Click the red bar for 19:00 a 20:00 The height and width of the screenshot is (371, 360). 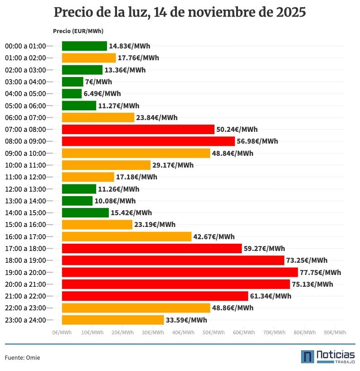tap(180, 272)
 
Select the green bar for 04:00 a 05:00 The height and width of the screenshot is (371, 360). tap(72, 94)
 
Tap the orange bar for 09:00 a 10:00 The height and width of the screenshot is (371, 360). tap(136, 153)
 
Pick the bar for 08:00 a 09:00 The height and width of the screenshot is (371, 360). tap(148, 141)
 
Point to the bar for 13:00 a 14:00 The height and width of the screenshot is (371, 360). tap(77, 201)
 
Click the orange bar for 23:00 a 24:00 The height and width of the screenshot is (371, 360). tap(113, 320)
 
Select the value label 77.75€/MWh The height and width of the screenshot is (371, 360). tap(320, 272)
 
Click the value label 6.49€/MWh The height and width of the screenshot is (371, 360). tap(102, 94)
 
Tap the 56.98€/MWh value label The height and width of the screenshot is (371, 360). tap(257, 141)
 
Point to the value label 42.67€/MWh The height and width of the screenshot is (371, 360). tap(214, 236)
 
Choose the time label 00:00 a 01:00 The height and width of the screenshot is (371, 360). tap(25, 46)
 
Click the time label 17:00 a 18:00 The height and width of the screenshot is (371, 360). tap(25, 248)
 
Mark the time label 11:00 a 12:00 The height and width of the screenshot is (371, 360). tap(25, 177)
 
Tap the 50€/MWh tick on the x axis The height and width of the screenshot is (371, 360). tap(214, 332)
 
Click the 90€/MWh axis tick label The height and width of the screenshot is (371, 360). tap(335, 332)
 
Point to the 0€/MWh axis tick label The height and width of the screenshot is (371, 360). tap(62, 332)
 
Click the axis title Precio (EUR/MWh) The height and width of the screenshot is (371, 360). tap(78, 31)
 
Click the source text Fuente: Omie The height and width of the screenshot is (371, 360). tap(23, 358)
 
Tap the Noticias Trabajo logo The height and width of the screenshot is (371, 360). tap(328, 357)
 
